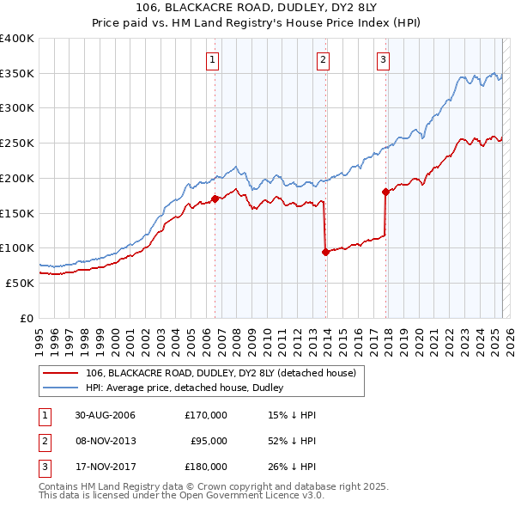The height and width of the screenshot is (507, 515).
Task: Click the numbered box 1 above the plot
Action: (211, 59)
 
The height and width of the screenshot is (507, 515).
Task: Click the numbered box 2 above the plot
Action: (323, 59)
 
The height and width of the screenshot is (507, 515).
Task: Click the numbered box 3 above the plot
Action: (383, 59)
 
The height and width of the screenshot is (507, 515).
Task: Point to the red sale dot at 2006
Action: (215, 199)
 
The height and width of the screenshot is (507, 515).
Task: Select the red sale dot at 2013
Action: (325, 252)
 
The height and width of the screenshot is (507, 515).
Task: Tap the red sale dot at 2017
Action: (386, 192)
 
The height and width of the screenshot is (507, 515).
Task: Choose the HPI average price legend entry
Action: (185, 388)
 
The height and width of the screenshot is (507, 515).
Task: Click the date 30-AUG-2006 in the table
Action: (105, 415)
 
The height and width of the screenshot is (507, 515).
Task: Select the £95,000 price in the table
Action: (209, 441)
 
